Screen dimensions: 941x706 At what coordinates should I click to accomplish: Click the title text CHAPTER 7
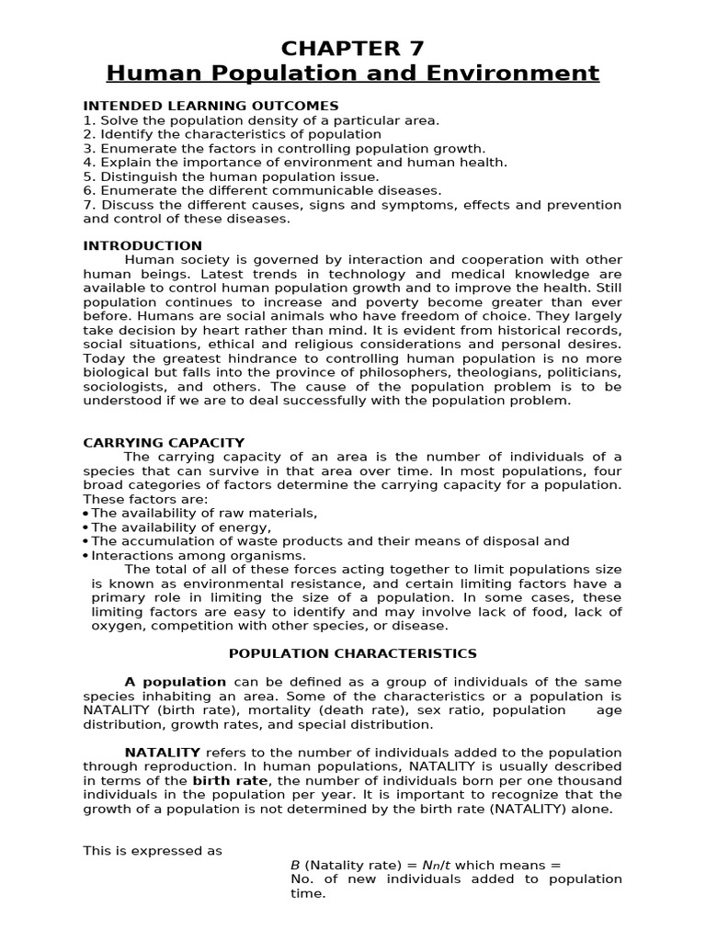tap(353, 48)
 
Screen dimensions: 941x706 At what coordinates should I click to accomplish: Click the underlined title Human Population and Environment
tap(353, 73)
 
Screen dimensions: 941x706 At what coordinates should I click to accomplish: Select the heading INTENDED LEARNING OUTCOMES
tap(211, 106)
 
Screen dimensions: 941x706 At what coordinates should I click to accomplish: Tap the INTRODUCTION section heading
tap(142, 245)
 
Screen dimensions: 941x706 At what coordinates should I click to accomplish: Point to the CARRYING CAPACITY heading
tap(164, 443)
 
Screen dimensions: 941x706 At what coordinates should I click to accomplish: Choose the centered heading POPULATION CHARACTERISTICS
tap(353, 653)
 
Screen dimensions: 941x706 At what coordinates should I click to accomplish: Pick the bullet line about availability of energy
tap(180, 527)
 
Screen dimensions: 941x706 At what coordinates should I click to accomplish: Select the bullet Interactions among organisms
tap(199, 555)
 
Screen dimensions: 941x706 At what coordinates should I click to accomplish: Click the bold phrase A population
tap(175, 682)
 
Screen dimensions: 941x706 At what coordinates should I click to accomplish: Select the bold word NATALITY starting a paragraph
tap(162, 753)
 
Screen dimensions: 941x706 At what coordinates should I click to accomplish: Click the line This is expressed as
tap(153, 851)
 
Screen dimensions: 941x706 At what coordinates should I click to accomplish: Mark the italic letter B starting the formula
tap(295, 865)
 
